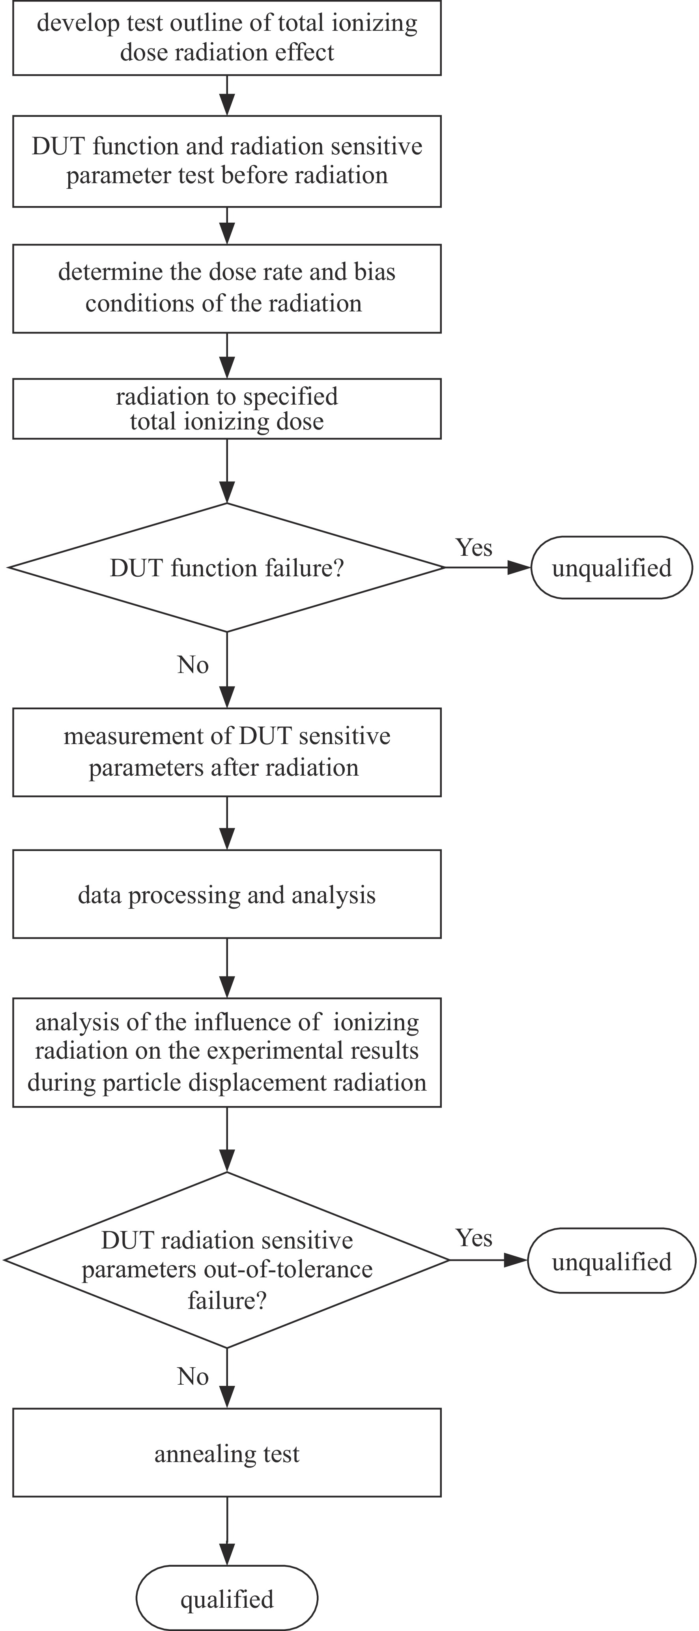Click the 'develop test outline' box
click(226, 38)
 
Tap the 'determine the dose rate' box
click(226, 288)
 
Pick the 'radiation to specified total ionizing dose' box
click(226, 409)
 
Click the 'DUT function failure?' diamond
click(226, 567)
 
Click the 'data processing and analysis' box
click(226, 894)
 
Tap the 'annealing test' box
click(226, 1453)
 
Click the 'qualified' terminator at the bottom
click(226, 1599)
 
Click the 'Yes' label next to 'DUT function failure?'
click(474, 547)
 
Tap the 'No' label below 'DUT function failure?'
click(193, 665)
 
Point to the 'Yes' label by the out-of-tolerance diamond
click(474, 1238)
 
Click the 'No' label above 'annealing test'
click(193, 1376)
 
